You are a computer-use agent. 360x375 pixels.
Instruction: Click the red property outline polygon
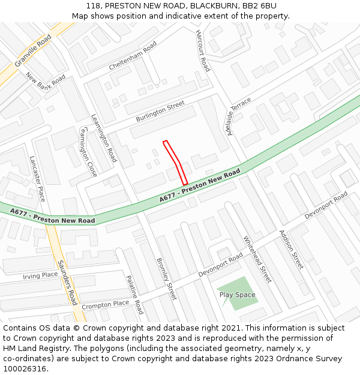175,161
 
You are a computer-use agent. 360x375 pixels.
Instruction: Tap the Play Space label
237,295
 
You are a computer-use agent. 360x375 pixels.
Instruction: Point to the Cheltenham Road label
133,56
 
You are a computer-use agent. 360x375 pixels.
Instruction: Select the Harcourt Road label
203,50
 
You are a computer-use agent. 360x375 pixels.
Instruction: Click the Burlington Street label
160,112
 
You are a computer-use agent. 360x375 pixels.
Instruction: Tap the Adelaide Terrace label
239,115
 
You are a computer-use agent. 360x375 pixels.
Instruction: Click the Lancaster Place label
37,178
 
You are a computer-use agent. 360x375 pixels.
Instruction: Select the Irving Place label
40,275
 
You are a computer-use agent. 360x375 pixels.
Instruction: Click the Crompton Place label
105,305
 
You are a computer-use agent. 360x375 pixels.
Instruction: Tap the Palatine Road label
135,295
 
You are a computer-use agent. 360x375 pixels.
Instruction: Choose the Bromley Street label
166,279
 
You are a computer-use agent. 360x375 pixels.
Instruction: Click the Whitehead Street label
257,259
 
